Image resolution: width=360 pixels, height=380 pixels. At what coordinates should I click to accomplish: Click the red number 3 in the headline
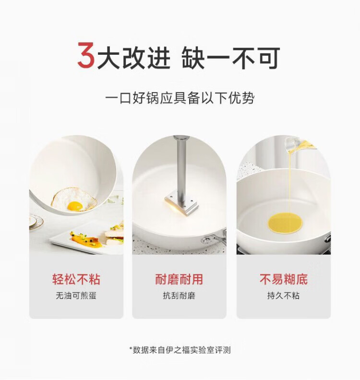[86, 55]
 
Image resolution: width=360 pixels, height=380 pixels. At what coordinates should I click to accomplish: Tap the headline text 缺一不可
[231, 58]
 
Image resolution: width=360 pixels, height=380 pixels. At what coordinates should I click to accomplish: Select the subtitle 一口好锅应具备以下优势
[180, 98]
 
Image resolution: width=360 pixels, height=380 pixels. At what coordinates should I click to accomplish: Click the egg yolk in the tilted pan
[75, 206]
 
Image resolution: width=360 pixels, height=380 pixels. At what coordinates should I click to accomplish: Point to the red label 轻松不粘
[76, 279]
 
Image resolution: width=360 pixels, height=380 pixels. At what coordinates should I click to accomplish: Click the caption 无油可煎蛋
[76, 295]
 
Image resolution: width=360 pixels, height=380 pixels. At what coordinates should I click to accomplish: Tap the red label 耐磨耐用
[179, 279]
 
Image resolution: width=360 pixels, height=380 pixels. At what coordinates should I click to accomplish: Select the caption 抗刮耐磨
[179, 295]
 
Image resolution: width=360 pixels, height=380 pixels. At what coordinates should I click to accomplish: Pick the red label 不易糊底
[284, 279]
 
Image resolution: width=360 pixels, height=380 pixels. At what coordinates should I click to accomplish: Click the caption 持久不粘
[284, 295]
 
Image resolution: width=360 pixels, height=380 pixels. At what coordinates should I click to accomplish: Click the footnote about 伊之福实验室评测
[180, 350]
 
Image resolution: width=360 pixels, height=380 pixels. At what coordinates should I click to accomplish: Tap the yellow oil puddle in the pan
[285, 223]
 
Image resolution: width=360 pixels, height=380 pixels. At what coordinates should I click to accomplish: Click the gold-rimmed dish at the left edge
[36, 222]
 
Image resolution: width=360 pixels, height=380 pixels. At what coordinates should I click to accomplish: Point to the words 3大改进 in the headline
[124, 56]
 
